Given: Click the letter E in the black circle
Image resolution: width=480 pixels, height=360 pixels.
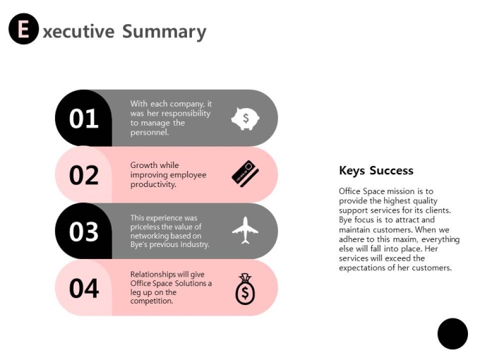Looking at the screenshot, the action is pos(23,29).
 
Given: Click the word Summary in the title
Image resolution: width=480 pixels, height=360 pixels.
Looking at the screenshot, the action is pos(164,32).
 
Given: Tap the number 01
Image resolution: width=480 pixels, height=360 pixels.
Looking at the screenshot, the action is pos(83,119).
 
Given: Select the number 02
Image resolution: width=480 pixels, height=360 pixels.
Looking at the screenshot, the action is pos(84,175).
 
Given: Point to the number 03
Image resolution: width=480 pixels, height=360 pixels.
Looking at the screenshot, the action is pos(83,232).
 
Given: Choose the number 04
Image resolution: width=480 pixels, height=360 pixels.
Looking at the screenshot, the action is pos(84,289).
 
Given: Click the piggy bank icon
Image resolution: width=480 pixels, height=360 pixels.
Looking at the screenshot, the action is pos(245,119).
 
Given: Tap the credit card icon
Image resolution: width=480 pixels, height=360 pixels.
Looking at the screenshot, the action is pos(245,174).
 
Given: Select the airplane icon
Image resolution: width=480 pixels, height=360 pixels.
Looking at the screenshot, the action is pos(245,230).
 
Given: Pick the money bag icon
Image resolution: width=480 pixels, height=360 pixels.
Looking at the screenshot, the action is pos(245,289).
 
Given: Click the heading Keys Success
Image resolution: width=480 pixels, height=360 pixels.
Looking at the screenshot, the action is pos(376,171).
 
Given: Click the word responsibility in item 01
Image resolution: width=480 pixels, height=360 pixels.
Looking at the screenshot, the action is pos(186,114).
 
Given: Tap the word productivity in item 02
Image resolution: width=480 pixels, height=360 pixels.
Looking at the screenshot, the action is pos(153,185).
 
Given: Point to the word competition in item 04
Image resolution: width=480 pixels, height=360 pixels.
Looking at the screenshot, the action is pos(152,301).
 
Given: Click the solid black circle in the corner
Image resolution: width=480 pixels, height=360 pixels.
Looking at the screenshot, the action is pos(452,334).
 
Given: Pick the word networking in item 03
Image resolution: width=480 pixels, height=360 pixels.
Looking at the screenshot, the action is pos(145,236).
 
